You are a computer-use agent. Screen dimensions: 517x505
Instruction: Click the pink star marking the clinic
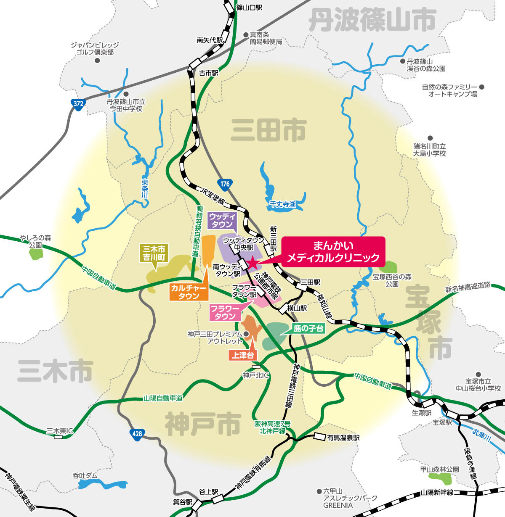click(x=252, y=264)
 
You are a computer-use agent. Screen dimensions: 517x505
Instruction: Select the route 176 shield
click(x=225, y=184)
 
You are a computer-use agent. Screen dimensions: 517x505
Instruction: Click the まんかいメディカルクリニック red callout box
click(x=333, y=251)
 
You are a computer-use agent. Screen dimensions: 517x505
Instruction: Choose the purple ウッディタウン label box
click(x=222, y=220)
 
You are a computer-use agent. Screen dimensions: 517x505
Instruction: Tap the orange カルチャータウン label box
click(x=189, y=292)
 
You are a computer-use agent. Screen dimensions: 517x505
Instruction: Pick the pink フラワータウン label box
click(x=225, y=312)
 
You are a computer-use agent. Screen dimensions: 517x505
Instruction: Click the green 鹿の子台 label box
click(x=308, y=328)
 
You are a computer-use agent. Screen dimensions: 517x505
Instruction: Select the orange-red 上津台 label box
click(x=243, y=355)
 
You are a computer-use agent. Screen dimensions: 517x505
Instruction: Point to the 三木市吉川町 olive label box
click(x=154, y=253)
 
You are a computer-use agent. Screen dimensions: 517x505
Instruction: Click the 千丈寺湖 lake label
click(x=283, y=204)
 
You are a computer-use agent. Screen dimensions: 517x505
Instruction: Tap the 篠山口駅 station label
click(x=249, y=7)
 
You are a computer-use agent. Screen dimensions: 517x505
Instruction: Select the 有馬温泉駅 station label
click(x=343, y=438)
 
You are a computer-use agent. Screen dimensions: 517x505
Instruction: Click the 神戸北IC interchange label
click(x=256, y=375)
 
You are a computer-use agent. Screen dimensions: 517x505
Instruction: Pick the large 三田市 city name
click(x=268, y=130)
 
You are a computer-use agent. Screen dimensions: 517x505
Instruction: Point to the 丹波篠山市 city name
click(x=372, y=20)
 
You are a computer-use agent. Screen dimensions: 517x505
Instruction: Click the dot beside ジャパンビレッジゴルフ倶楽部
click(x=97, y=61)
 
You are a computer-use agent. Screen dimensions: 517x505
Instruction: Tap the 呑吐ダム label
click(x=85, y=475)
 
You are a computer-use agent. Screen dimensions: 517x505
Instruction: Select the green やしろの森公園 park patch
click(x=36, y=254)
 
